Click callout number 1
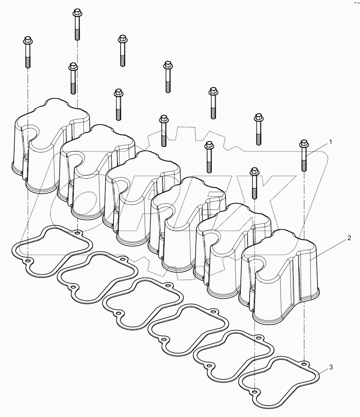331,142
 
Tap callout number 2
349,238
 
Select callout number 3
331,367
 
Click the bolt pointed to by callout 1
304,156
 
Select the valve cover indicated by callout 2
280,277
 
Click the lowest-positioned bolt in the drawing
254,183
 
